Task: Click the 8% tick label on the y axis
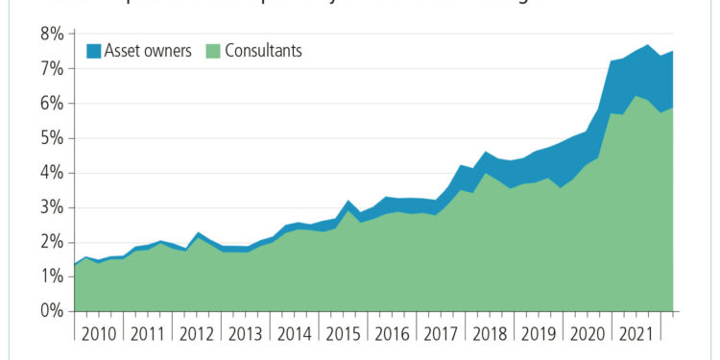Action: pos(50,35)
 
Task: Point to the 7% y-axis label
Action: pos(50,69)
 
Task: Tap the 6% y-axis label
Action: pos(50,104)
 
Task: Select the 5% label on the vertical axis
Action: pos(50,138)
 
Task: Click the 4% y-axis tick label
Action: pos(50,173)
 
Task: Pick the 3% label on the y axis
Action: pos(50,207)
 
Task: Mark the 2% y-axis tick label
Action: pos(50,242)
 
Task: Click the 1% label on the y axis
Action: pos(50,276)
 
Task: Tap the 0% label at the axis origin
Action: pos(50,311)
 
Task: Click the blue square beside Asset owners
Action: pos(94,51)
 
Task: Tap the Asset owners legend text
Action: pos(149,51)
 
